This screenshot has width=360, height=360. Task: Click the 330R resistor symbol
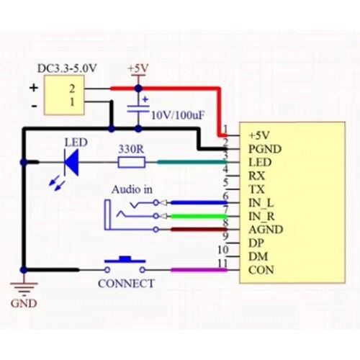pyautogui.click(x=132, y=162)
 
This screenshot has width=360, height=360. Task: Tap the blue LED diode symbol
pyautogui.click(x=71, y=163)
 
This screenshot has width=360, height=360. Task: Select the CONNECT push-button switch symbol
pyautogui.click(x=125, y=265)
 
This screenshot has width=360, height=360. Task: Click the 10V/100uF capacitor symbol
pyautogui.click(x=138, y=108)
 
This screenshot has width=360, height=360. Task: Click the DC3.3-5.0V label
pyautogui.click(x=67, y=68)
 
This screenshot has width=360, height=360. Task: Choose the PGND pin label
pyautogui.click(x=265, y=149)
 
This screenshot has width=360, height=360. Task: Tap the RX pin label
pyautogui.click(x=256, y=176)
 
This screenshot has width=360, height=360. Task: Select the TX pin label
pyautogui.click(x=256, y=189)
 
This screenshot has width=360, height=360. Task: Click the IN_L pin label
pyautogui.click(x=261, y=203)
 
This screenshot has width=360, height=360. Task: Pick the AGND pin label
pyautogui.click(x=266, y=230)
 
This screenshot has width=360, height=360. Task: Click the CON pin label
pyautogui.click(x=261, y=270)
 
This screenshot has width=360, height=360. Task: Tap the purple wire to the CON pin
pyautogui.click(x=199, y=270)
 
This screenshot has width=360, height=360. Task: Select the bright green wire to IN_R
pyautogui.click(x=198, y=217)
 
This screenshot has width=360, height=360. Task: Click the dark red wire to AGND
pyautogui.click(x=199, y=230)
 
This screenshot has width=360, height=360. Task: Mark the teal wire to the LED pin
pyautogui.click(x=192, y=163)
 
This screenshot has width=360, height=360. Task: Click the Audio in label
pyautogui.click(x=132, y=189)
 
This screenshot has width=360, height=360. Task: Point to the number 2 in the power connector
pyautogui.click(x=72, y=89)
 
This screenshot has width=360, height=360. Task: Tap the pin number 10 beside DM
pyautogui.click(x=223, y=250)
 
